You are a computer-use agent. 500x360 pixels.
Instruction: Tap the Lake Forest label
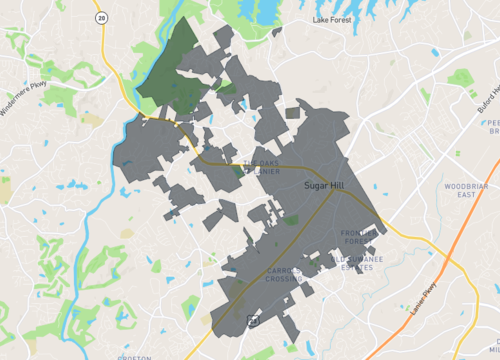[x=333, y=19]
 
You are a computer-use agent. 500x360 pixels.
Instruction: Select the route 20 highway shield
[x=101, y=17]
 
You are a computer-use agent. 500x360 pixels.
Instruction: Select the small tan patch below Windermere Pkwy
[x=91, y=120]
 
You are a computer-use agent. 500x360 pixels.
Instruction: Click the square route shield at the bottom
[x=253, y=322]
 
